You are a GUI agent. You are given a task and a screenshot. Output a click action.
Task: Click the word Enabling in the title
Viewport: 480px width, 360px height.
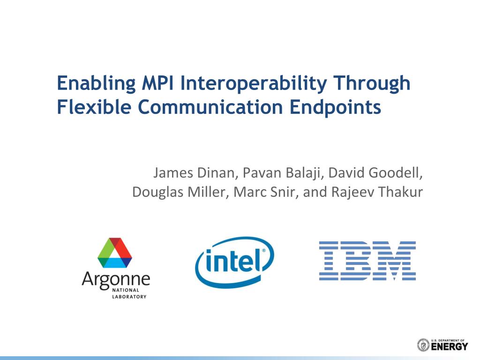tap(97, 84)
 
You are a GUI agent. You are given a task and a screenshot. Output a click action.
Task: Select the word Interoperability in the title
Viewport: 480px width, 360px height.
tap(254, 84)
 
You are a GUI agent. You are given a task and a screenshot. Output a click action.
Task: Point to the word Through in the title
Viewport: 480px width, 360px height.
tap(372, 84)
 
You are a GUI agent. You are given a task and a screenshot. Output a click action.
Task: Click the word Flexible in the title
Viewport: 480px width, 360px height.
tap(94, 107)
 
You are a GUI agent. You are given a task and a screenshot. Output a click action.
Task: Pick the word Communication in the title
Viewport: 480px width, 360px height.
tap(210, 107)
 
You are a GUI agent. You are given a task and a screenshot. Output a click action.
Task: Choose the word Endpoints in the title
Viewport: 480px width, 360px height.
tap(335, 108)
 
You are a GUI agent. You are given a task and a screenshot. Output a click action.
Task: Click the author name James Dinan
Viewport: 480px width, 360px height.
tap(194, 173)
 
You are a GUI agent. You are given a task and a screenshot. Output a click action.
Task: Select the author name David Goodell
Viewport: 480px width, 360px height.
tap(374, 173)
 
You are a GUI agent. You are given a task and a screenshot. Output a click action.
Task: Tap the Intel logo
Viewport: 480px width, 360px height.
tap(234, 262)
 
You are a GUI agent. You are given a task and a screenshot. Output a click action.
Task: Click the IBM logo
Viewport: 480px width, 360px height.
tap(367, 261)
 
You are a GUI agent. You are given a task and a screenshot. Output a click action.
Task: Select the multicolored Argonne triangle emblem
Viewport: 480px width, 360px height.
tap(115, 253)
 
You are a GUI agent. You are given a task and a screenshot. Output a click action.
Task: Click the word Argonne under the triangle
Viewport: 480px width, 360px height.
tap(116, 279)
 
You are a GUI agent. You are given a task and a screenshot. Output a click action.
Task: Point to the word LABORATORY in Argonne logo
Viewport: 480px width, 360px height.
tap(129, 297)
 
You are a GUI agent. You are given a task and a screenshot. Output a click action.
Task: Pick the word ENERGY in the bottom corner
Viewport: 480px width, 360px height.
tap(450, 347)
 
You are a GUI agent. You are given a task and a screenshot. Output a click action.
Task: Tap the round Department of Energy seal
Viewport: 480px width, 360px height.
tap(423, 345)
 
